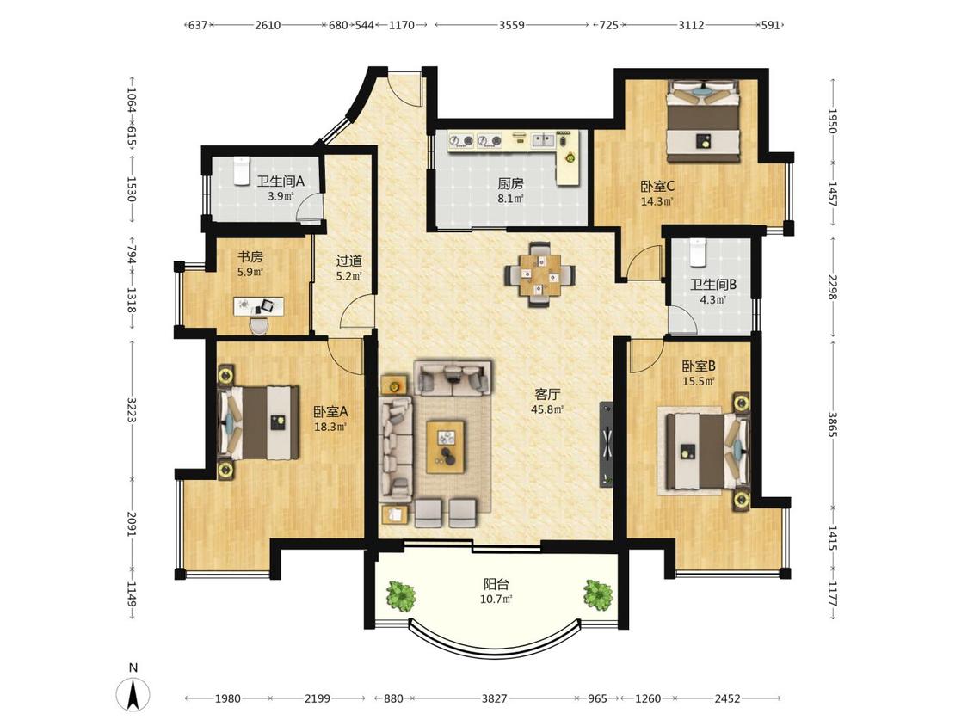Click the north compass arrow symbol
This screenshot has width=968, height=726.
click(x=133, y=694)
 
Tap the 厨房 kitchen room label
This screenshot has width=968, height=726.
click(x=510, y=183)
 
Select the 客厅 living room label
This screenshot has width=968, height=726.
click(x=547, y=394)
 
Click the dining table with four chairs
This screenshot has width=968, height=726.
click(x=541, y=274)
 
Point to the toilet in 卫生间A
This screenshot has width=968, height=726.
click(x=241, y=170)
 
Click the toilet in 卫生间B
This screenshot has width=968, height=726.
click(x=698, y=252)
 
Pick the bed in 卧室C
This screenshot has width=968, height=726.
click(x=703, y=121)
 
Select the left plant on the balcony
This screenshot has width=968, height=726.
click(x=401, y=596)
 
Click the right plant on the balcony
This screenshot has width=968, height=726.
click(x=598, y=594)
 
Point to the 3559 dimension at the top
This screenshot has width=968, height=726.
click(x=512, y=25)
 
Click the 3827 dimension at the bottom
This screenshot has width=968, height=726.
click(x=494, y=698)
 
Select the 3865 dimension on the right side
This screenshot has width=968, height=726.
click(x=832, y=424)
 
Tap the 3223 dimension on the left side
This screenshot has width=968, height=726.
click(x=132, y=409)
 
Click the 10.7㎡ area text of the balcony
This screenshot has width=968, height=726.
click(x=496, y=599)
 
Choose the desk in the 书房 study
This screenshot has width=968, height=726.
click(x=259, y=305)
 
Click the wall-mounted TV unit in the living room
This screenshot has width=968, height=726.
click(x=607, y=444)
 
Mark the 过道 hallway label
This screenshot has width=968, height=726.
click(x=348, y=261)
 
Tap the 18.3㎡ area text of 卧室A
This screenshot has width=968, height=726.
click(x=330, y=426)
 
